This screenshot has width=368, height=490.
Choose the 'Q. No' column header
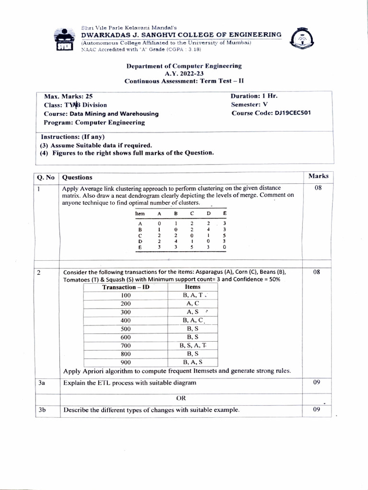46,178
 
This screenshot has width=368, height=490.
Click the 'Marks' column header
318,176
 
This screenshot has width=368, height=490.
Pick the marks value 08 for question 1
318,188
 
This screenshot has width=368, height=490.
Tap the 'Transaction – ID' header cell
126,287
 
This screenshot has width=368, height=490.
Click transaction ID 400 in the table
126,320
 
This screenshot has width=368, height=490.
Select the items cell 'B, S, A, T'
193,345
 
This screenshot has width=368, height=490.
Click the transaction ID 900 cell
126,362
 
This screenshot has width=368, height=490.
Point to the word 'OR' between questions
181,398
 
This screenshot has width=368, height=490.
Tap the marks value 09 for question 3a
317,382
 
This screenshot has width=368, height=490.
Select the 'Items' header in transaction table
193,287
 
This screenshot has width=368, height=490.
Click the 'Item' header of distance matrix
140,213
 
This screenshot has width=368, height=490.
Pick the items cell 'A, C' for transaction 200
193,303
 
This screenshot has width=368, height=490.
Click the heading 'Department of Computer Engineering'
184,66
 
